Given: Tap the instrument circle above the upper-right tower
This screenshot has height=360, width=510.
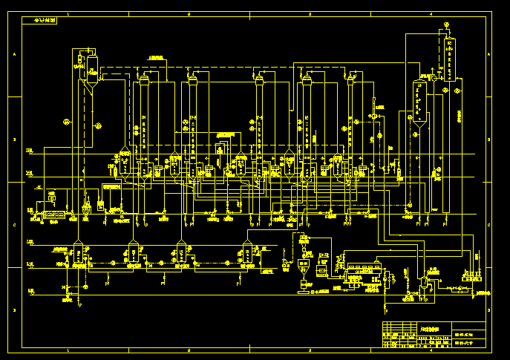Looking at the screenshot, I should click(x=447, y=24).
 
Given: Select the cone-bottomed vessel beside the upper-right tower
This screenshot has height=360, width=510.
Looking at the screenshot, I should click(x=419, y=104).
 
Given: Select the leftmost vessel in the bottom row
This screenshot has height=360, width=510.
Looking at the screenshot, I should click(x=78, y=256).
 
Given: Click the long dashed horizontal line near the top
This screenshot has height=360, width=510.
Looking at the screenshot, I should click(x=223, y=68).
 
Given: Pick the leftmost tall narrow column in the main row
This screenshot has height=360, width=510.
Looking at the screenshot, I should click(x=144, y=111).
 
